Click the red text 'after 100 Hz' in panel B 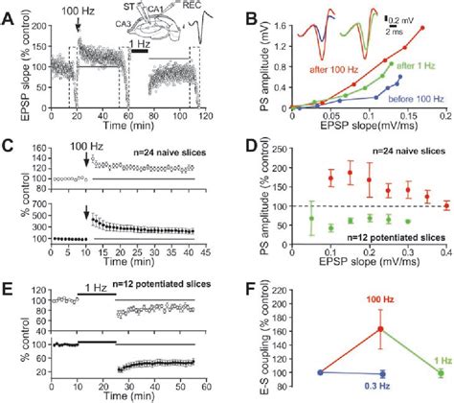tap(307, 69)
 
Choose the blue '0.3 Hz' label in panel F tap(370, 389)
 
